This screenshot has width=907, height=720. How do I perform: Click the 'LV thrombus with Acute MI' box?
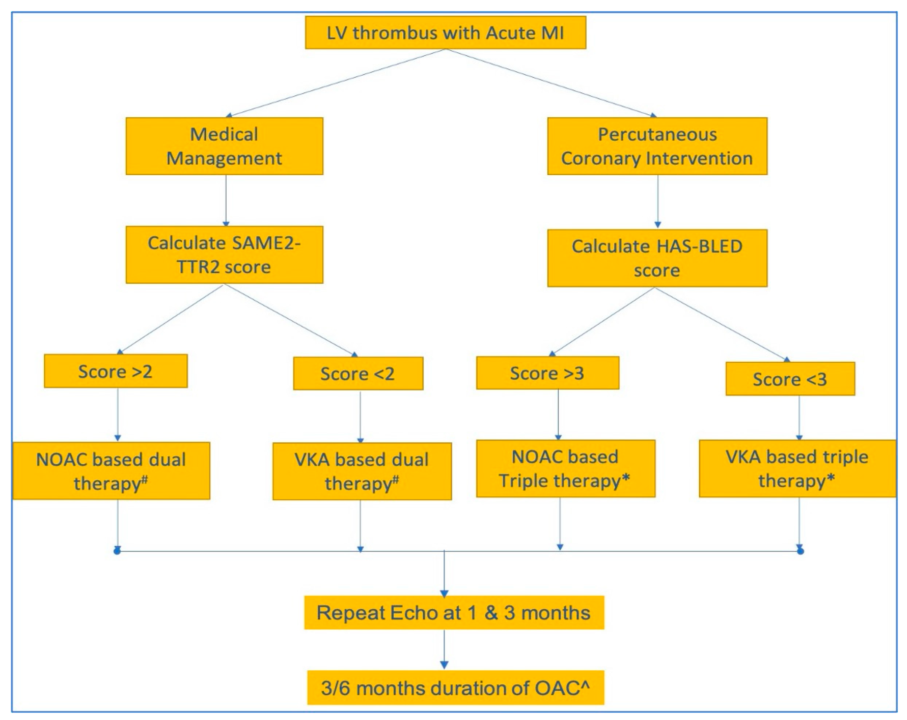[x=445, y=33]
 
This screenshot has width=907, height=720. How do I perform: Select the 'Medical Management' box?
[x=224, y=146]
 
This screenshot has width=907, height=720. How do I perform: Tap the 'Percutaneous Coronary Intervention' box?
[x=657, y=146]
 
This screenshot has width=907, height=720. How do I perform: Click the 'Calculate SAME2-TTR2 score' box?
[x=224, y=255]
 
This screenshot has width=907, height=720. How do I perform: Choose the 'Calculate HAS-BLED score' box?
[x=657, y=258]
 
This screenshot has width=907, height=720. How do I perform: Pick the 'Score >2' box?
[x=116, y=371]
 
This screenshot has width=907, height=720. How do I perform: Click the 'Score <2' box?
[x=358, y=373]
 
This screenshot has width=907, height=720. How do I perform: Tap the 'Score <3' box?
[x=790, y=379]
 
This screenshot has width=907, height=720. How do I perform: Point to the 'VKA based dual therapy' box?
[x=362, y=471]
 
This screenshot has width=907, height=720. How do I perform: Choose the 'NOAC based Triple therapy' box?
[x=565, y=469]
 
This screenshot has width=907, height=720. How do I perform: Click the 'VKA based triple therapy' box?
[x=797, y=469]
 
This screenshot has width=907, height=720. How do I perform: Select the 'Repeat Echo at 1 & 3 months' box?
[x=454, y=613]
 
